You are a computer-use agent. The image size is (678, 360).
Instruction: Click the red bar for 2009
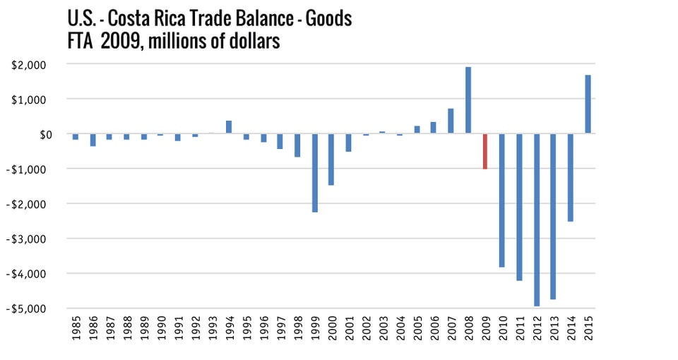[484, 151]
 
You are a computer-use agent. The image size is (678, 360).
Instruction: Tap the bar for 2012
[536, 220]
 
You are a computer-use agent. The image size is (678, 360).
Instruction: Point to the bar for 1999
[314, 173]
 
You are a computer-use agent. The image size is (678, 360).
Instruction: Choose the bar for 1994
[229, 127]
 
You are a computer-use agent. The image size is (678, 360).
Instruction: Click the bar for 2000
[331, 160]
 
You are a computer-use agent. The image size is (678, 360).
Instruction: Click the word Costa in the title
[125, 18]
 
